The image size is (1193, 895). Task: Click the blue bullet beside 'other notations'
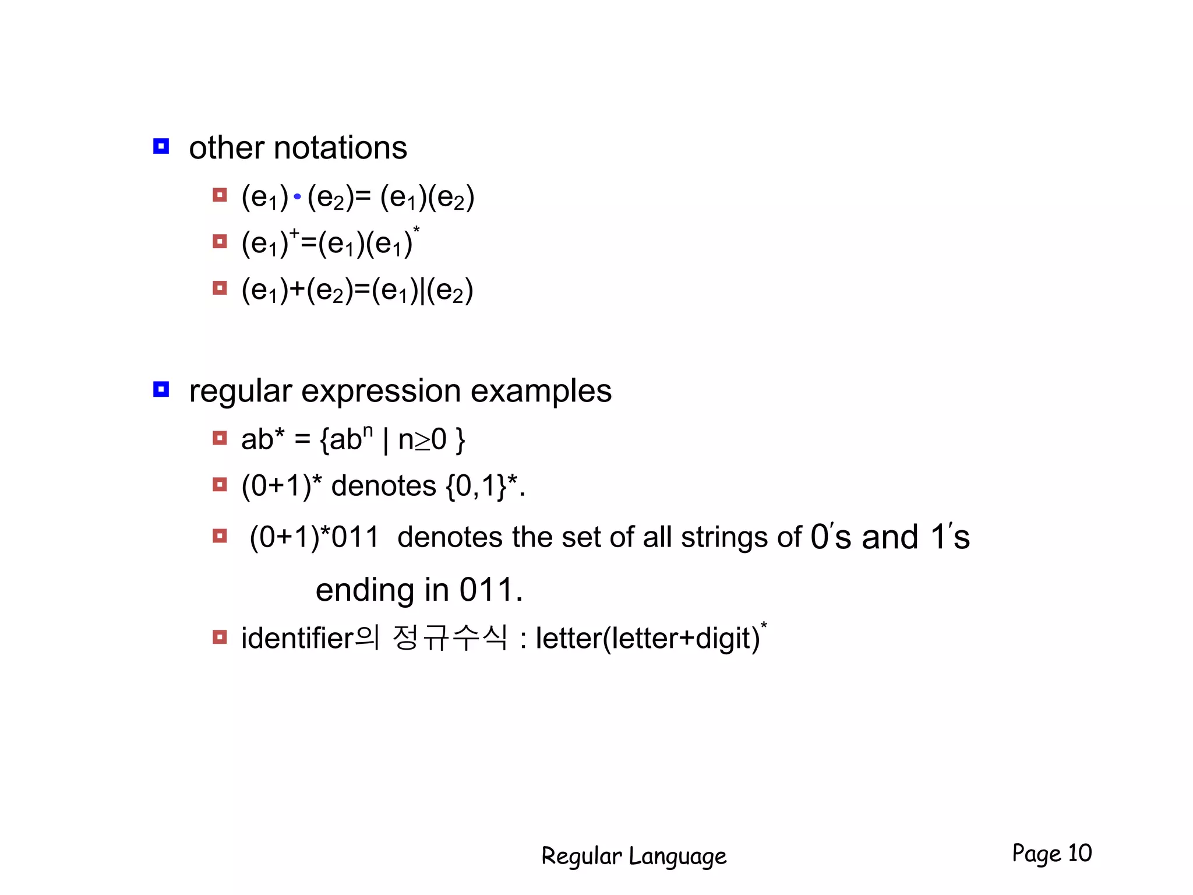coord(161,146)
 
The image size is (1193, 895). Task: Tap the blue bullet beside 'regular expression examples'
coord(161,389)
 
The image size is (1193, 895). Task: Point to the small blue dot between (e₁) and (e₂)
coord(297,197)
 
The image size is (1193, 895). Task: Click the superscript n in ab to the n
coord(368,431)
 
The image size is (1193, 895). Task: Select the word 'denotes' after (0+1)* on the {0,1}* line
coord(383,486)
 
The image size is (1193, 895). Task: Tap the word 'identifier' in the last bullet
coord(298,639)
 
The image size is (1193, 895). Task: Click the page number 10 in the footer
coord(1079,853)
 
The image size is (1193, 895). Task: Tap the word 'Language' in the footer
coord(677,857)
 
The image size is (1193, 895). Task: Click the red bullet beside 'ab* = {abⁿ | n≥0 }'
coord(220,438)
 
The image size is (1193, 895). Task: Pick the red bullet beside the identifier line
coord(220,637)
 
